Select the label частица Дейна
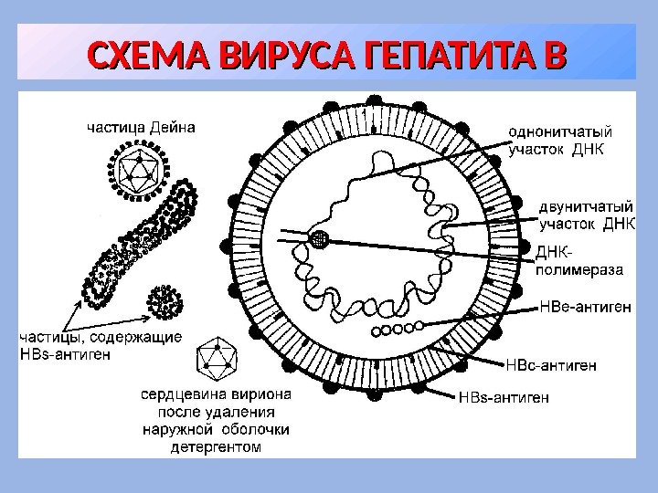tap(141, 127)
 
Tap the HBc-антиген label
tap(552, 365)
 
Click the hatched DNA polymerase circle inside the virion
tap(319, 238)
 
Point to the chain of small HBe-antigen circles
tap(395, 327)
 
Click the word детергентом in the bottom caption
tap(216, 447)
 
